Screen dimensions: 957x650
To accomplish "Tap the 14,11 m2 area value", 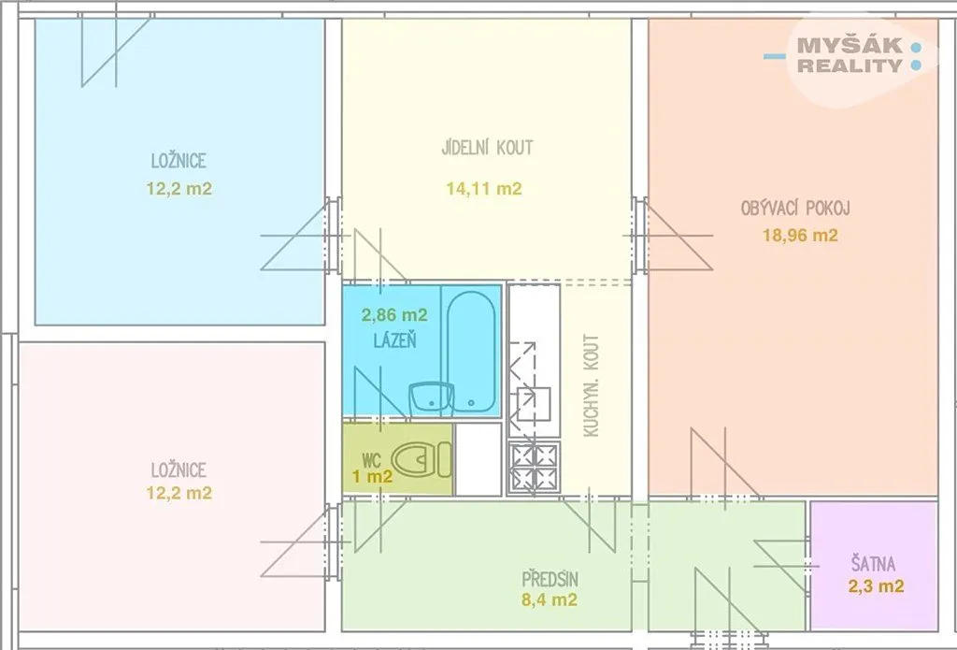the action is pyautogui.click(x=484, y=189).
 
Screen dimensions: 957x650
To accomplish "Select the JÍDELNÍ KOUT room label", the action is pyautogui.click(x=487, y=147).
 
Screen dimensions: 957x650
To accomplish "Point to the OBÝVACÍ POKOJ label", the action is pyautogui.click(x=795, y=209).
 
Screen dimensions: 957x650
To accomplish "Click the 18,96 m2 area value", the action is pyautogui.click(x=800, y=235).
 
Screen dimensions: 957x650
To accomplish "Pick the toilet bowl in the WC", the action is pyautogui.click(x=421, y=459).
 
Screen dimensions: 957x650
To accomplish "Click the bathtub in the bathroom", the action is pyautogui.click(x=471, y=351).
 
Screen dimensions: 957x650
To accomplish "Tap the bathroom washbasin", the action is pyautogui.click(x=429, y=397).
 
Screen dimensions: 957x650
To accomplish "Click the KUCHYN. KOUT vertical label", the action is pyautogui.click(x=591, y=385).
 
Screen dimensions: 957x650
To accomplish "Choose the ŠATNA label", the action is pyautogui.click(x=874, y=563).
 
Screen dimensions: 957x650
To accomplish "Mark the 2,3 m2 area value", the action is pyautogui.click(x=876, y=586).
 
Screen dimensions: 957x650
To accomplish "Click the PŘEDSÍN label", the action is pyautogui.click(x=550, y=579).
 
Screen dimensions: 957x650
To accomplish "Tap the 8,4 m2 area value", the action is pyautogui.click(x=550, y=599).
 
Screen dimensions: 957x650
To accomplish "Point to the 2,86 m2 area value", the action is pyautogui.click(x=394, y=315).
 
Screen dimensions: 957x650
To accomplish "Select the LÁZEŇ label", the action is pyautogui.click(x=395, y=340).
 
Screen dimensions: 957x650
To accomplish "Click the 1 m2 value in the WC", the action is pyautogui.click(x=372, y=476).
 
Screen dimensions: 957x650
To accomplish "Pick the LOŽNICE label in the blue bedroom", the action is pyautogui.click(x=179, y=161).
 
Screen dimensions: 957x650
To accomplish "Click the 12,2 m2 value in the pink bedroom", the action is pyautogui.click(x=179, y=493).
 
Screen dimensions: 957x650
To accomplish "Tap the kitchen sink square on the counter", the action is pyautogui.click(x=534, y=404).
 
